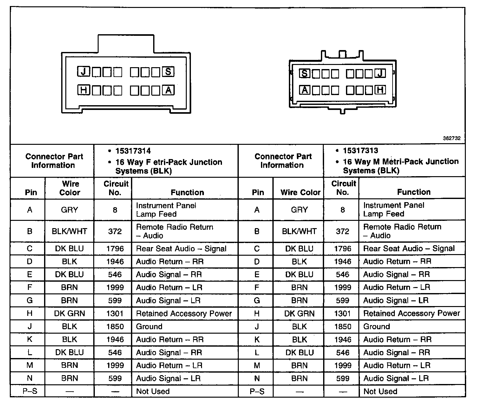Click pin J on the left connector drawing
[x=84, y=72]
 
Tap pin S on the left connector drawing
[x=168, y=72]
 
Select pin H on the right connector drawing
[x=380, y=90]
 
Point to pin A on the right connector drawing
[x=304, y=90]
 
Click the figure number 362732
[x=452, y=138]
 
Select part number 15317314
[x=133, y=151]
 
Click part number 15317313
[x=360, y=151]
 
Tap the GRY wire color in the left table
[x=69, y=210]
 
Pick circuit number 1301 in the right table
[x=342, y=314]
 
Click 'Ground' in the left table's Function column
[x=149, y=327]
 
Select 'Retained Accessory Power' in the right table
[x=411, y=314]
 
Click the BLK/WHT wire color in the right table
[x=299, y=231]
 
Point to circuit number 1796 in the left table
[x=115, y=249]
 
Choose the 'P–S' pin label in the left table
[x=30, y=391]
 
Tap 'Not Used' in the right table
[x=380, y=392]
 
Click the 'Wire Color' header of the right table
[x=300, y=192]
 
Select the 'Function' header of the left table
[x=187, y=192]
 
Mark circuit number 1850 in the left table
[x=115, y=327]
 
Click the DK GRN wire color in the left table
[x=69, y=314]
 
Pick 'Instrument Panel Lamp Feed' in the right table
[x=394, y=209]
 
